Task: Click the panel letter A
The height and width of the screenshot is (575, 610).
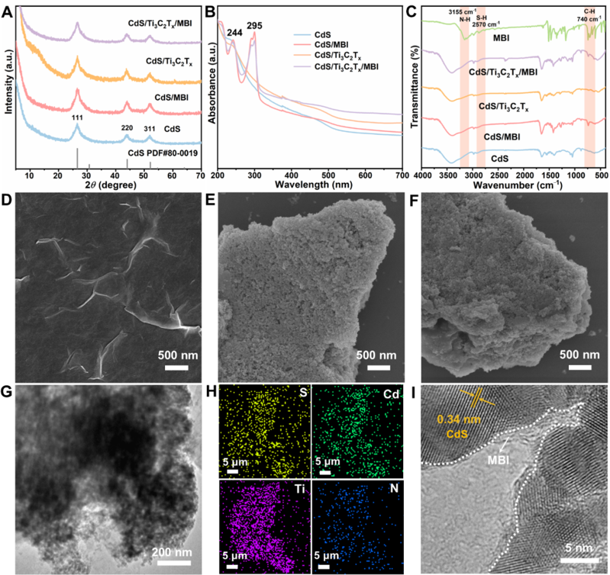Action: click(x=8, y=11)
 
